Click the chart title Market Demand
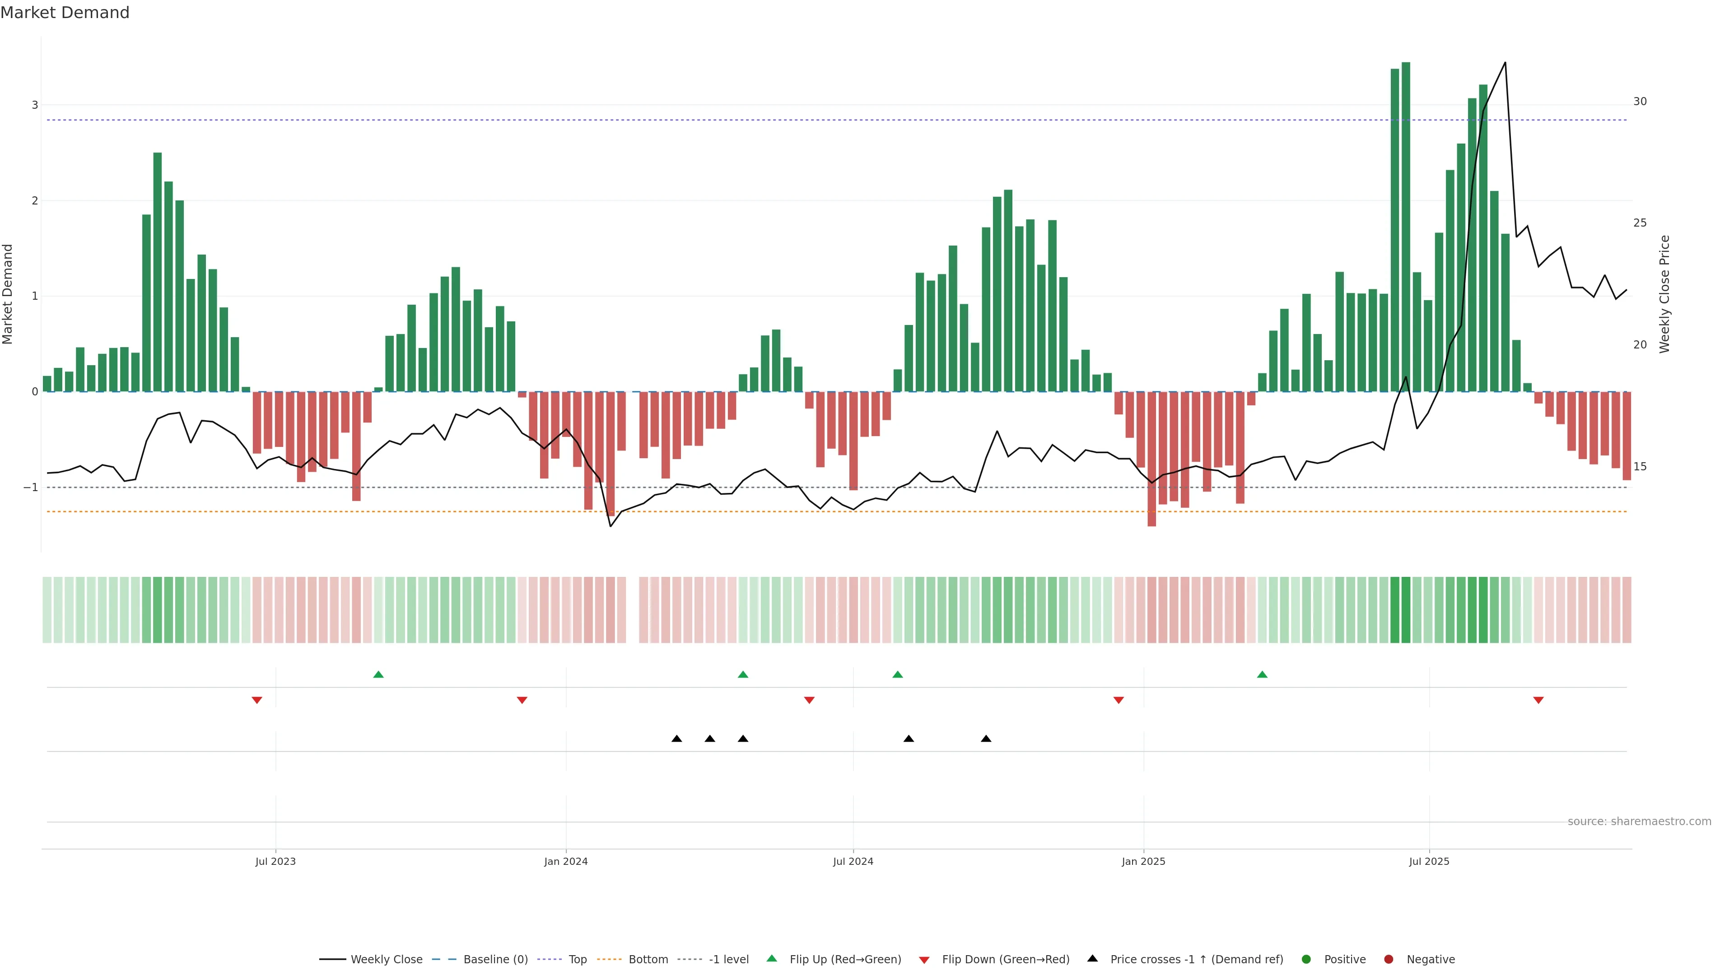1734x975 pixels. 65,13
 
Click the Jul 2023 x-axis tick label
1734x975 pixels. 275,861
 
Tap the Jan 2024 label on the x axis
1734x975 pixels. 565,861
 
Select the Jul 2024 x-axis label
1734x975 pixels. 853,861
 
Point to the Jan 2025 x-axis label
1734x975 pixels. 1143,861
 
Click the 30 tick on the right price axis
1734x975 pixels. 1640,102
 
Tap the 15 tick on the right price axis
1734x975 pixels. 1640,466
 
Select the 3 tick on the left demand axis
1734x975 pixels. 35,105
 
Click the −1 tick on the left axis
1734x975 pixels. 31,487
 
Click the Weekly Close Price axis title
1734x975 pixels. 1664,294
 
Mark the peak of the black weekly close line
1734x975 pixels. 1505,63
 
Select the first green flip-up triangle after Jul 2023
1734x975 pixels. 378,674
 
